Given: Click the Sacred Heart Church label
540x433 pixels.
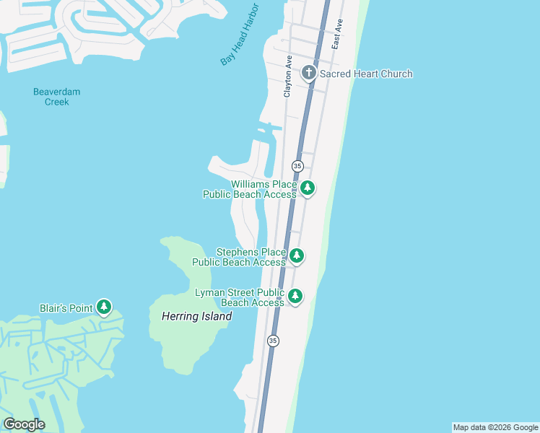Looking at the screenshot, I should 366,74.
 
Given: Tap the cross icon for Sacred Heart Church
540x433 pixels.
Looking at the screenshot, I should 309,72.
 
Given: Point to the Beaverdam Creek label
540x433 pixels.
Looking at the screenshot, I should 56,97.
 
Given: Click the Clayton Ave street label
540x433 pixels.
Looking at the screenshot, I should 287,76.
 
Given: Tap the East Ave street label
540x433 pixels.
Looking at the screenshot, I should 336,35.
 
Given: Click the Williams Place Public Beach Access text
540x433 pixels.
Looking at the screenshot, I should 250,190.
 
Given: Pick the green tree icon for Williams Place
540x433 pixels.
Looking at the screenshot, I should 308,188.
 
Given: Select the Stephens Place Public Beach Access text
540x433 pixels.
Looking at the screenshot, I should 240,258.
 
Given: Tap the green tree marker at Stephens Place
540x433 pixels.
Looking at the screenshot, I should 296,255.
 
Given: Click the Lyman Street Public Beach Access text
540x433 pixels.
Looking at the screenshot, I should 240,297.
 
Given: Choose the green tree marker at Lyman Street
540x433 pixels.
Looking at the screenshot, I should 295,296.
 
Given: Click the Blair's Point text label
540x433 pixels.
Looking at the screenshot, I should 66,308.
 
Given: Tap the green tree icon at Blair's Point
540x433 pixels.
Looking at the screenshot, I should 104,308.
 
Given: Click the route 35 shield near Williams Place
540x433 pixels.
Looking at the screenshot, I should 297,166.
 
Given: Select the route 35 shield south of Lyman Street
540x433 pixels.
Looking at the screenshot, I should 272,341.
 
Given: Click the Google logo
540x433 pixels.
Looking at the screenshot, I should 24,424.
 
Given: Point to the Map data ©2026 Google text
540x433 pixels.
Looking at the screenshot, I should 496,427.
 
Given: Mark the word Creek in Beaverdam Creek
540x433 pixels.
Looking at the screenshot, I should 56,102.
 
